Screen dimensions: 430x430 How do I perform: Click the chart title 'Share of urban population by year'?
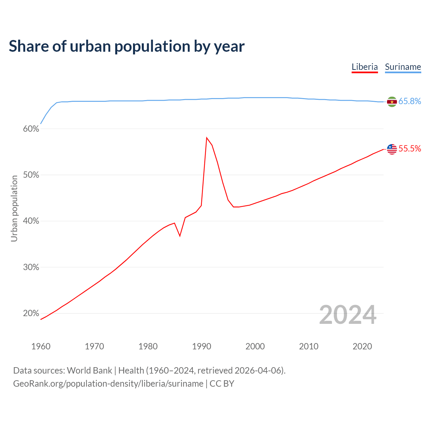tap(127, 46)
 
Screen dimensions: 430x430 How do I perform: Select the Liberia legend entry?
tap(364, 67)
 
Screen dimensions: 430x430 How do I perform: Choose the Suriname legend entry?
tap(403, 67)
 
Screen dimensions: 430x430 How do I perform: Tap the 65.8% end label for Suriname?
tap(410, 101)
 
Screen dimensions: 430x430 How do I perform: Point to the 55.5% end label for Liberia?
tap(410, 149)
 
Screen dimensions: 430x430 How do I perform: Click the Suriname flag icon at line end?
tap(392, 102)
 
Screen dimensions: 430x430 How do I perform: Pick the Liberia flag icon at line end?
tap(392, 149)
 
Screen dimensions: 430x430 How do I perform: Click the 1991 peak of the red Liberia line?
tap(207, 138)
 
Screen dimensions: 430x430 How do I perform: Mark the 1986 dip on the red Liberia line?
tap(180, 236)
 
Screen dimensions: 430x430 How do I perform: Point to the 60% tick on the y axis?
tap(31, 129)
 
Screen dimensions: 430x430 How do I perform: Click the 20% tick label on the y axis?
tap(31, 313)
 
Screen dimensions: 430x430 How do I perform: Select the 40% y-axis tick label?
tap(31, 221)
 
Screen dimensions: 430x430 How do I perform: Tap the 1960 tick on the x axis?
tap(41, 346)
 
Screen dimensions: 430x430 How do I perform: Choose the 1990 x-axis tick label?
tap(202, 346)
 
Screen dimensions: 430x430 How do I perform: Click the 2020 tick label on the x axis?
tap(362, 346)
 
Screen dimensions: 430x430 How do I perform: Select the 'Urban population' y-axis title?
tap(14, 208)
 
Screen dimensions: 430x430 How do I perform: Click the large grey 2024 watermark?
tap(348, 315)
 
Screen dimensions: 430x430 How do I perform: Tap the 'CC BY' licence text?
tap(222, 384)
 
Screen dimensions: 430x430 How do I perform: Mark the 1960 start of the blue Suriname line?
tap(41, 124)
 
